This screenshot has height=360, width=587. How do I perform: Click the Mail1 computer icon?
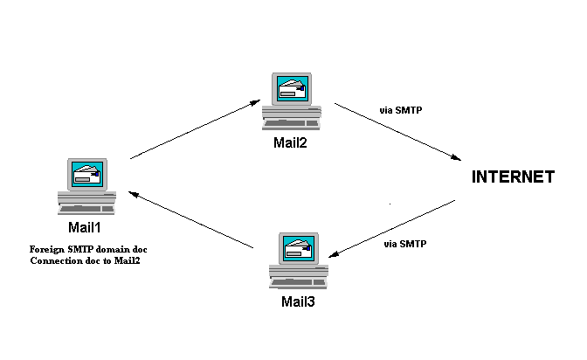click(x=86, y=184)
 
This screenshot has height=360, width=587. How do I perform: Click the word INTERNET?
click(x=513, y=177)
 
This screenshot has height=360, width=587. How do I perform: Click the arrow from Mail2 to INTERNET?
click(x=397, y=133)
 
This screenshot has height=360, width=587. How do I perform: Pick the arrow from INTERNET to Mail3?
click(x=394, y=228)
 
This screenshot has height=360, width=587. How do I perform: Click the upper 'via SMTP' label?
click(x=402, y=111)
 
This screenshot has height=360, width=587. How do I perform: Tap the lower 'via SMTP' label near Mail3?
click(x=405, y=244)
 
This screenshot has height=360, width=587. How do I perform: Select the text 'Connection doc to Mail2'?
click(x=86, y=260)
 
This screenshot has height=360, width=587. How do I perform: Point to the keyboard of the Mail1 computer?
click(x=86, y=208)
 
